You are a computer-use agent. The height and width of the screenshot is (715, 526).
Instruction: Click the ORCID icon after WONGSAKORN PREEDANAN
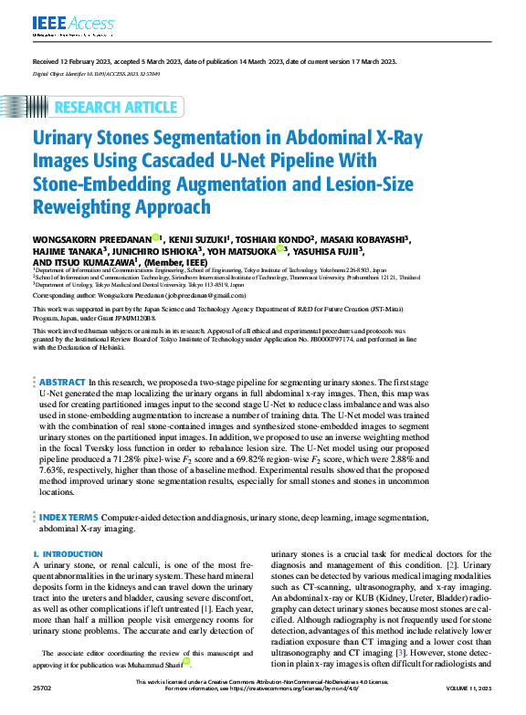tap(156, 238)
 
